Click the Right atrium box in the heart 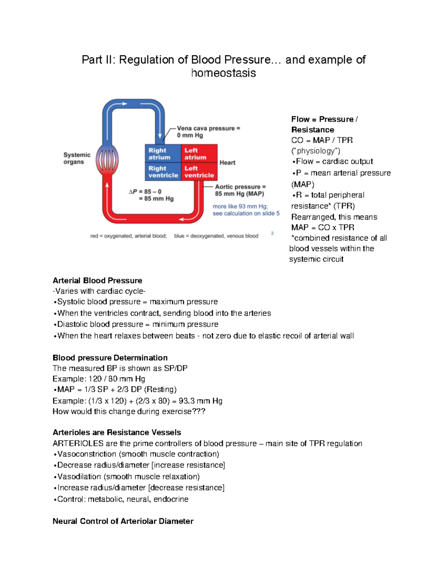coord(162,153)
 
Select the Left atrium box coord(199,153)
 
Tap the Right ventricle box coord(162,172)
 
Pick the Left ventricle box coord(199,172)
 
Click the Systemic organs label coord(77,158)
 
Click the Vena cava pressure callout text coord(208,132)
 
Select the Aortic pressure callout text coord(240,190)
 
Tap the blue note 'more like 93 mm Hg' coord(240,206)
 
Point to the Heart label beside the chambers coord(227,163)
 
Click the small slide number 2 coord(272,233)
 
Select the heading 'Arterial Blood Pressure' coord(97,281)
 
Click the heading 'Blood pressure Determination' coord(110,358)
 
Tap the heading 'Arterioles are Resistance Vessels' coord(117,432)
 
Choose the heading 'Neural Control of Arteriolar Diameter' coord(123,521)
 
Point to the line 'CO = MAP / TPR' coord(322,140)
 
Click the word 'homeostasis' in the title coord(223,73)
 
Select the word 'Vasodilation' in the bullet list coord(79,476)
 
